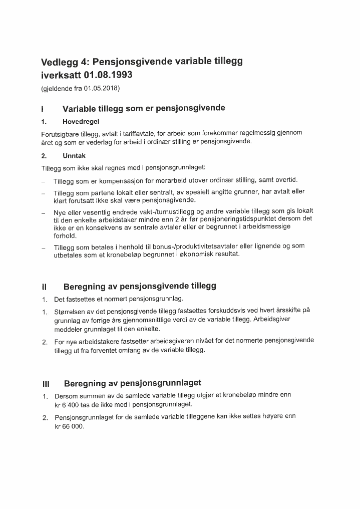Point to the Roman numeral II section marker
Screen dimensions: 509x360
click(x=45, y=287)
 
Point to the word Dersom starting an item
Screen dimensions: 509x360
click(x=67, y=396)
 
